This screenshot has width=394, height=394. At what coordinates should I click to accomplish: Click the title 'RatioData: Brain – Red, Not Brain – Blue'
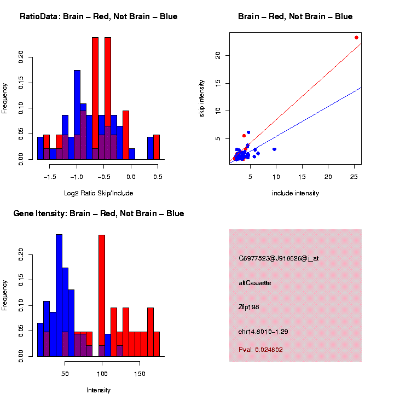(x=99, y=16)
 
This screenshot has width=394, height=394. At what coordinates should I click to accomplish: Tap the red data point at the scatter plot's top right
(x=356, y=38)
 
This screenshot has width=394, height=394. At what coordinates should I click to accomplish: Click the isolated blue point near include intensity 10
(x=274, y=149)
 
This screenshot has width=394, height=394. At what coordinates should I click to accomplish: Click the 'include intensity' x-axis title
(x=296, y=193)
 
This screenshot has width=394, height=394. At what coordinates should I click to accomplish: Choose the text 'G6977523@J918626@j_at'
(x=279, y=258)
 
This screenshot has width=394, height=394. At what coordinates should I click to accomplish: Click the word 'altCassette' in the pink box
(x=255, y=283)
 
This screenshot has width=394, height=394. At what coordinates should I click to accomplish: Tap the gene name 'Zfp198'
(x=249, y=307)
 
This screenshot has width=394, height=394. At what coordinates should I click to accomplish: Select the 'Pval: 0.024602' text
(x=261, y=350)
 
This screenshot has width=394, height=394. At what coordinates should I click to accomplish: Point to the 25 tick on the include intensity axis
(x=354, y=177)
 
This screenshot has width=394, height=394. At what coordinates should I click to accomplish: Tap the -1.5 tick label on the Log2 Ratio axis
(x=50, y=177)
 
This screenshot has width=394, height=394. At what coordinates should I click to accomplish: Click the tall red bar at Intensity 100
(x=102, y=296)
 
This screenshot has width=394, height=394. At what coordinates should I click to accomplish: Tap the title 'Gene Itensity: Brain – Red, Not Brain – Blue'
(x=99, y=213)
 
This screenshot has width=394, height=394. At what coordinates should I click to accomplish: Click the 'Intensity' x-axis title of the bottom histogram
(x=99, y=390)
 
